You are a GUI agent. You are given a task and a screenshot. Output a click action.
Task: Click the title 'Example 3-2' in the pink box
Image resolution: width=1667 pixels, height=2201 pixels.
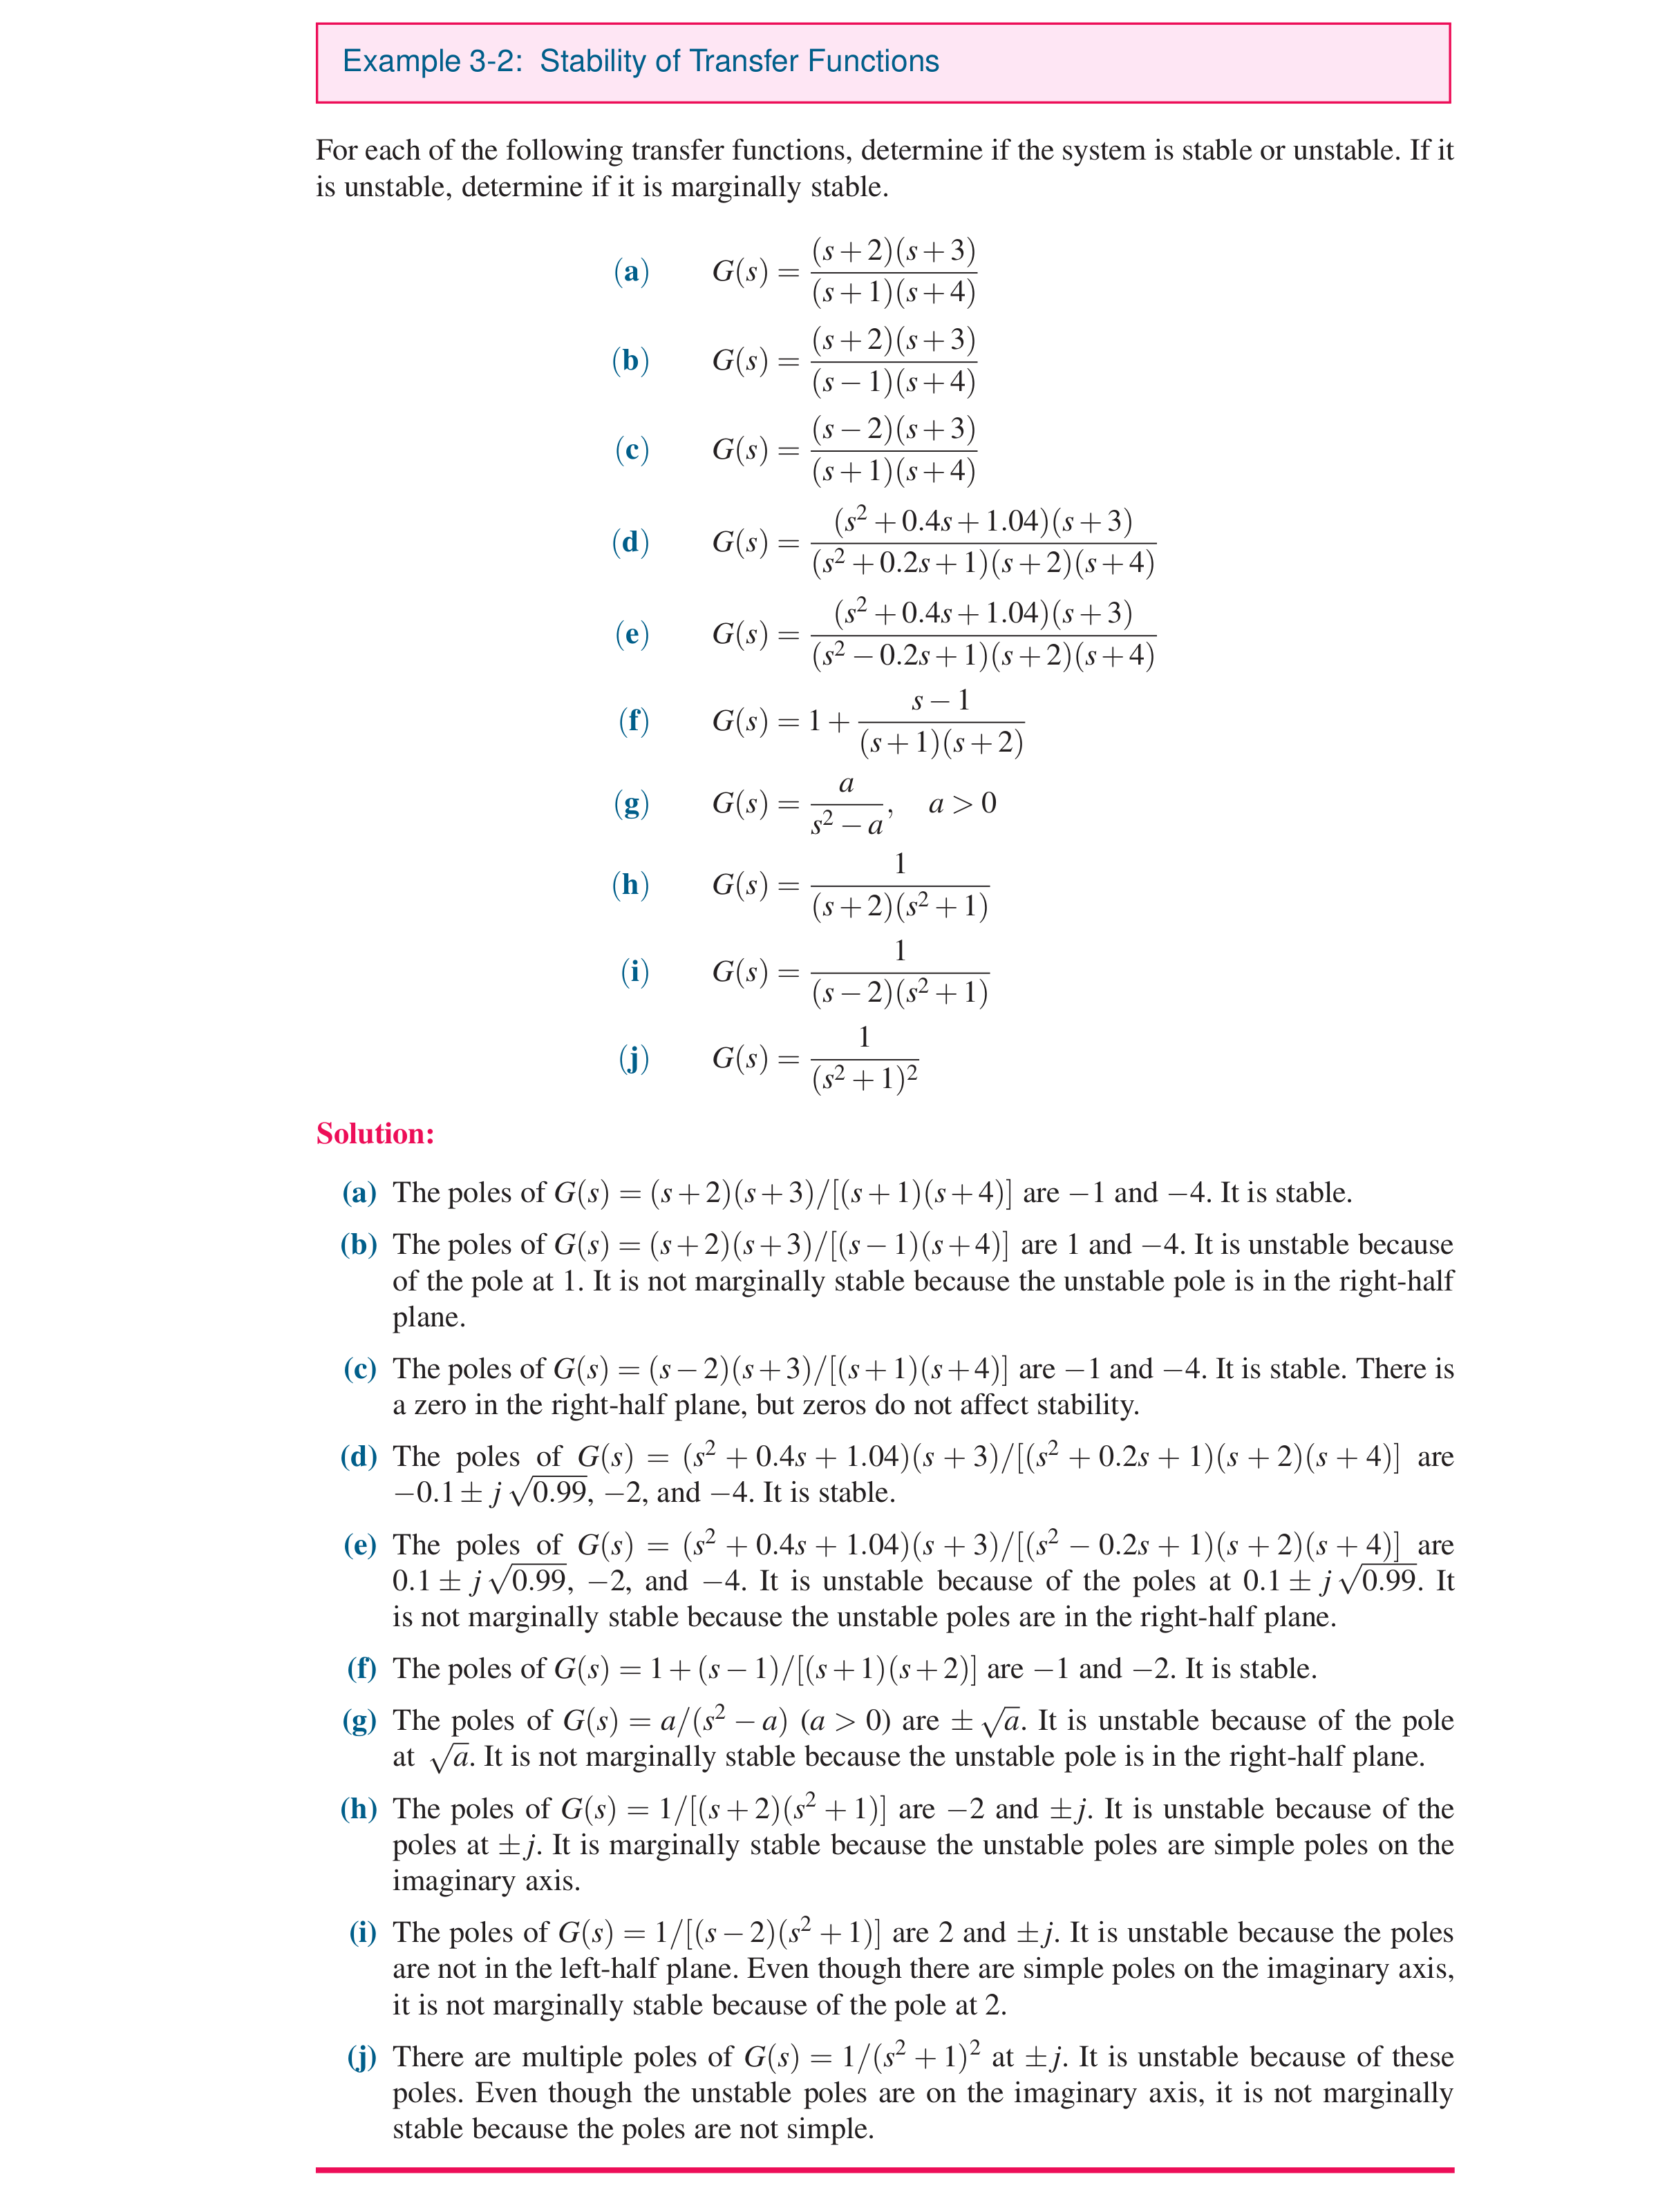tap(432, 61)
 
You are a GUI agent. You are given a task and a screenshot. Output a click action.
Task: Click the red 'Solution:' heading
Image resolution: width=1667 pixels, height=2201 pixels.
tap(375, 1134)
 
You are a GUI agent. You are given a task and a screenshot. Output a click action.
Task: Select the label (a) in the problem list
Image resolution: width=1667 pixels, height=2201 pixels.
tap(631, 271)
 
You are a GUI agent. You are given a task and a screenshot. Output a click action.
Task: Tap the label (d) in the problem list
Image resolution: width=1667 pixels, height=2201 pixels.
tap(630, 542)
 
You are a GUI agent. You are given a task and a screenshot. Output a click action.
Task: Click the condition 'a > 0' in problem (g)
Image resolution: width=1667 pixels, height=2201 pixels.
tap(961, 804)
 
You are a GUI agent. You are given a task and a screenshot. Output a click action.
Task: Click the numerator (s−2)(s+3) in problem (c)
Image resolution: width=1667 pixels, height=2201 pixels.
tap(893, 429)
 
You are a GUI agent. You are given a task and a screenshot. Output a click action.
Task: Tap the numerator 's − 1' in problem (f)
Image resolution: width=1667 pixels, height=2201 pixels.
tap(941, 701)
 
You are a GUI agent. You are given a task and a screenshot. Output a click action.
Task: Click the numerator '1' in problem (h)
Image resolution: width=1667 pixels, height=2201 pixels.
tap(900, 864)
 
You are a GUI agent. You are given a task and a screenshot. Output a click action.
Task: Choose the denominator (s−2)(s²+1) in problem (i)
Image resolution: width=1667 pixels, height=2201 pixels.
tap(900, 993)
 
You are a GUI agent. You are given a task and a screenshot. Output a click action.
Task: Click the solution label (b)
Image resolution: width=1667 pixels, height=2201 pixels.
tap(358, 1245)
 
